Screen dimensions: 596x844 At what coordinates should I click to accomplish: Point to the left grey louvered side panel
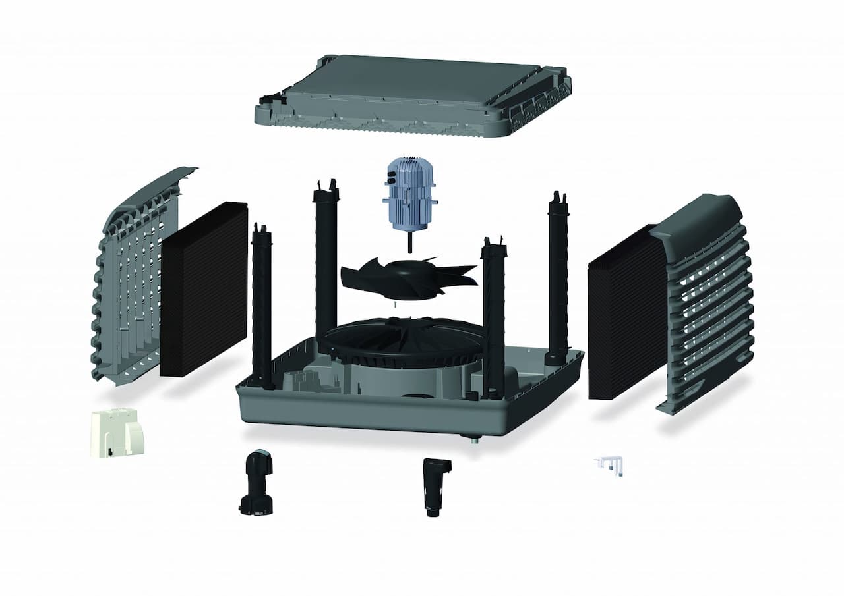pyautogui.click(x=132, y=277)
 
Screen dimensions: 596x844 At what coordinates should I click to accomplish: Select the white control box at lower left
pyautogui.click(x=116, y=431)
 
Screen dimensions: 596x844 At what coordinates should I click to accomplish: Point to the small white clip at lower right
pyautogui.click(x=610, y=464)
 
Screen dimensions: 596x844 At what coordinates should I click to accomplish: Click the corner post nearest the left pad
pyautogui.click(x=262, y=303)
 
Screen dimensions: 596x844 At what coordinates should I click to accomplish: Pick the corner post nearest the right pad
pyautogui.click(x=558, y=277)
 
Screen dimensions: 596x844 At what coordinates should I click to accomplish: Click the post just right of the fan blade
pyautogui.click(x=493, y=316)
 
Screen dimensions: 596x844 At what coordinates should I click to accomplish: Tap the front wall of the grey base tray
pyautogui.click(x=369, y=412)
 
